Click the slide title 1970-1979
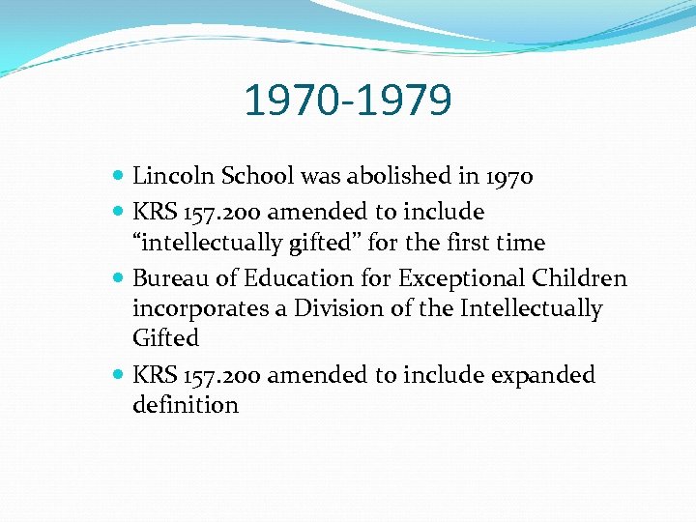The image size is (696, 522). point(347,100)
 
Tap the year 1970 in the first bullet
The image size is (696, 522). point(509,176)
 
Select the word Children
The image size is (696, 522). point(579,278)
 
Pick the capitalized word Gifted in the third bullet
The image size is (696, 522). point(165,338)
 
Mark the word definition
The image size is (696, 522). point(185,404)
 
